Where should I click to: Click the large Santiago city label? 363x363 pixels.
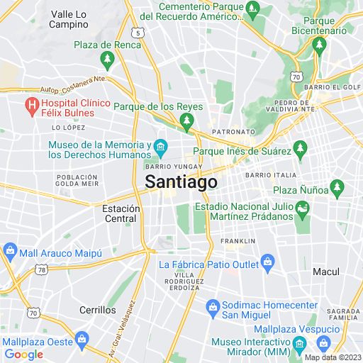[181, 181]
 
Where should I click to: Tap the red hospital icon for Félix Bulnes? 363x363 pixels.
[31, 108]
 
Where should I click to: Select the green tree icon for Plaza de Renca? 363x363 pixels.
[108, 60]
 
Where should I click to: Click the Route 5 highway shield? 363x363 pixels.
[138, 32]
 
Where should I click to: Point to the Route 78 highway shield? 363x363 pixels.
[43, 269]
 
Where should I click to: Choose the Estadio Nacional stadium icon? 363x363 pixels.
[303, 208]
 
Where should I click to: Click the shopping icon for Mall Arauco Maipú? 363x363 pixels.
[11, 251]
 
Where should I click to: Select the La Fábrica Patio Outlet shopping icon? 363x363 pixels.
[267, 264]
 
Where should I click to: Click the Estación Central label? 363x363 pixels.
[119, 213]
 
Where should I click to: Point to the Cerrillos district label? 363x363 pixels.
[98, 310]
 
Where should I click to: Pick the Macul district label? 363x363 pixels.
[326, 272]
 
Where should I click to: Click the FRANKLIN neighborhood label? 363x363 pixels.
[238, 241]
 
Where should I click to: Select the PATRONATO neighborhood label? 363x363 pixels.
[236, 132]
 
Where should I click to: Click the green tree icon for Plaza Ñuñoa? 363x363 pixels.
[337, 189]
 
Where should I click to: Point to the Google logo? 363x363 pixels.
[23, 354]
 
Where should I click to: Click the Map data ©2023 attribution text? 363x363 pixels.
[333, 357]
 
